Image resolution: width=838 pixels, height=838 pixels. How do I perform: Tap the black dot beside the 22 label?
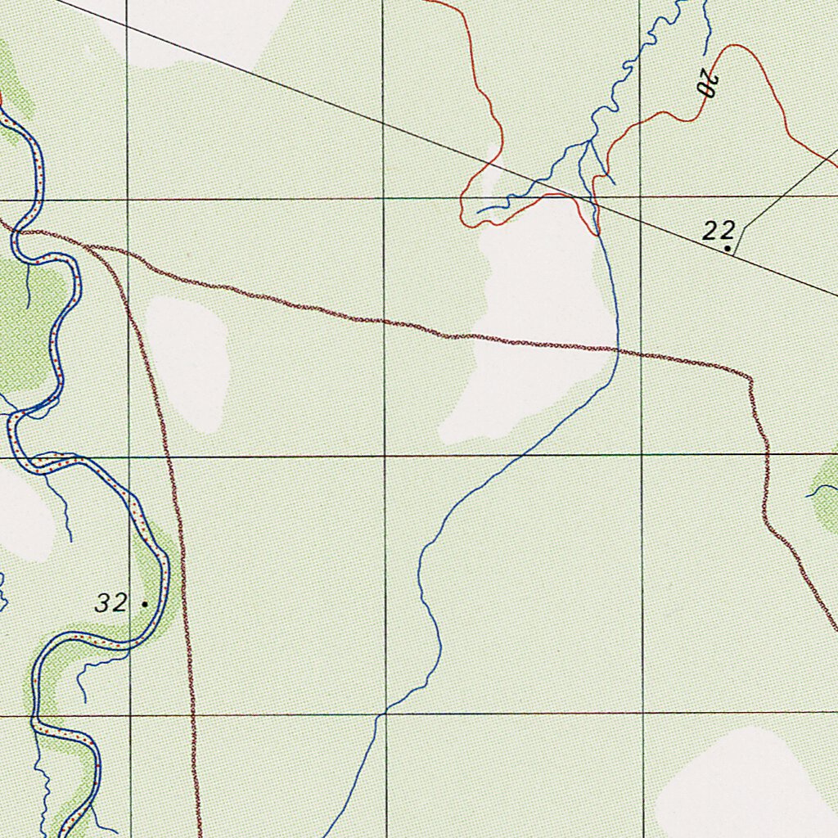coord(728,247)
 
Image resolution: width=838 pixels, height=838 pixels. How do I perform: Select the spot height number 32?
coord(110,604)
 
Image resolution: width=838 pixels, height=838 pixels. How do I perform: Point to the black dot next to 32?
coord(145,604)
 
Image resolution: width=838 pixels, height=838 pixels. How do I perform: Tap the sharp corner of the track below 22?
coord(750,377)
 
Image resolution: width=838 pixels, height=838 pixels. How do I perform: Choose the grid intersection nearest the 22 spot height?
coord(641,197)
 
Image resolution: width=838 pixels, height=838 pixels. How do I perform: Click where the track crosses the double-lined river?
coord(16,232)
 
